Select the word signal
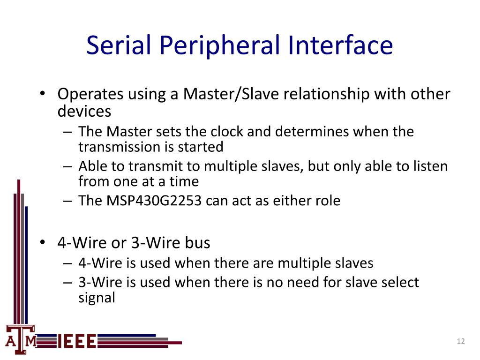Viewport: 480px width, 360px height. (x=96, y=298)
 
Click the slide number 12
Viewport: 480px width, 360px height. (x=460, y=341)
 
